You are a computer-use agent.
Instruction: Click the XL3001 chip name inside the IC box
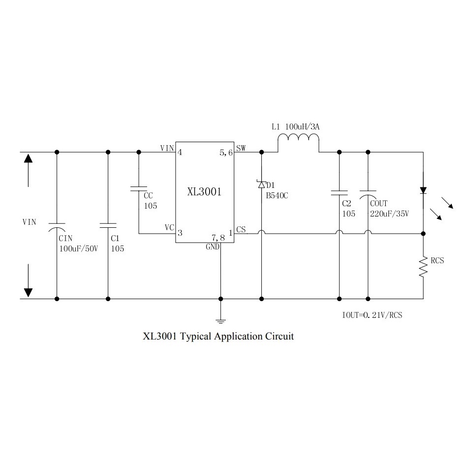(x=204, y=192)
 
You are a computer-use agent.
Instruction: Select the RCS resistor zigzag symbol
(x=423, y=267)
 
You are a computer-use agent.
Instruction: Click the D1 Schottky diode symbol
(x=261, y=184)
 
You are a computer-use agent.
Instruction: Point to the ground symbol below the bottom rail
(x=220, y=322)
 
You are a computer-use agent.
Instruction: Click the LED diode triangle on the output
(x=423, y=190)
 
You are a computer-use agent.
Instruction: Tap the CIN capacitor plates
(x=57, y=227)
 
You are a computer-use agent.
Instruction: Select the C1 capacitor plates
(x=108, y=225)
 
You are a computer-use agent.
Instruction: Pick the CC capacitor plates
(x=139, y=188)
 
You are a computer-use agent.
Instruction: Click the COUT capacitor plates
(x=368, y=194)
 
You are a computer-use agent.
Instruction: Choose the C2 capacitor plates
(x=340, y=193)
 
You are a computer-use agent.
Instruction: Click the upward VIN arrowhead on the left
(x=28, y=158)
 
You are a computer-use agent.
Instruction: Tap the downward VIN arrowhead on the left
(x=28, y=292)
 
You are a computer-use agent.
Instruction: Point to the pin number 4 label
(x=180, y=153)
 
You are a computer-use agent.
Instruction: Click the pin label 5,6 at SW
(x=226, y=153)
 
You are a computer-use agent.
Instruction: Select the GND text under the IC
(x=213, y=247)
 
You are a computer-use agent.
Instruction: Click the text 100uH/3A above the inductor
(x=303, y=127)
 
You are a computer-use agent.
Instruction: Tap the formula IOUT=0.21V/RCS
(x=372, y=315)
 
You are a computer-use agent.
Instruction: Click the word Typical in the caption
(x=195, y=337)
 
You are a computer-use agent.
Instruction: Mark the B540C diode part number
(x=277, y=196)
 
